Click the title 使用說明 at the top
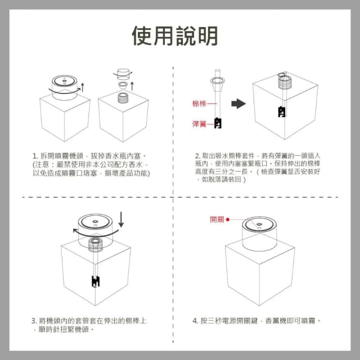[175, 35]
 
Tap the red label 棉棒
[199, 103]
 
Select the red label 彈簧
[199, 123]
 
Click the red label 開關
[217, 219]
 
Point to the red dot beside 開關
[228, 220]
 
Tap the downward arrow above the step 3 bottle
[122, 219]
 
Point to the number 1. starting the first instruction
[35, 155]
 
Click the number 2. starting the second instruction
[197, 155]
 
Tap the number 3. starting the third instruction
[34, 321]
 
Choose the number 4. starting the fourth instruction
[196, 321]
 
